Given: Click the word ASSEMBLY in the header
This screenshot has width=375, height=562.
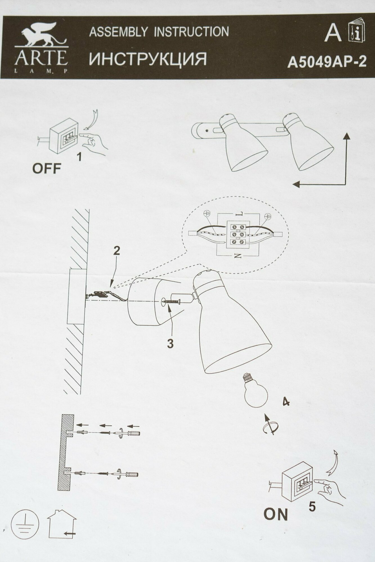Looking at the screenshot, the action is pyautogui.click(x=118, y=31).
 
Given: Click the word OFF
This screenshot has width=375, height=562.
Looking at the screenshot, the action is pyautogui.click(x=47, y=169).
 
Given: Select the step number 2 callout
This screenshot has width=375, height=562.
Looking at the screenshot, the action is pyautogui.click(x=116, y=251).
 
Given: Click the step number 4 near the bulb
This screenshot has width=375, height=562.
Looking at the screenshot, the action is pyautogui.click(x=286, y=402).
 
